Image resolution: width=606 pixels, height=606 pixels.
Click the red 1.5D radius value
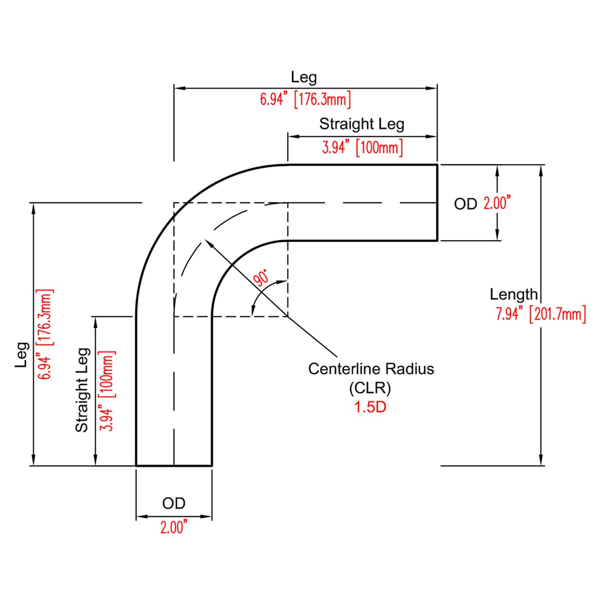point(370,407)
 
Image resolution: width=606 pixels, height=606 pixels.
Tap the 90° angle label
point(261,278)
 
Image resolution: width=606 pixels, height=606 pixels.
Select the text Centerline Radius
point(371,369)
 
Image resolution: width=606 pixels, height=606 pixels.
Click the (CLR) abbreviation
point(370,388)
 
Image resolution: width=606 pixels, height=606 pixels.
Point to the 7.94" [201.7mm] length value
point(541,314)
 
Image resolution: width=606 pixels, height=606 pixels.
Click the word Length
point(514,294)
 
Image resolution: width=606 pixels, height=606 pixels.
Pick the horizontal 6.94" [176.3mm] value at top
point(305,100)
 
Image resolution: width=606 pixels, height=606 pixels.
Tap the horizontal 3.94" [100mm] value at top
point(363,147)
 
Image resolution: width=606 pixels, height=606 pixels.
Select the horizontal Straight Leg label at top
point(362,124)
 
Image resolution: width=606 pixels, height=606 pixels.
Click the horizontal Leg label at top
point(303,77)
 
